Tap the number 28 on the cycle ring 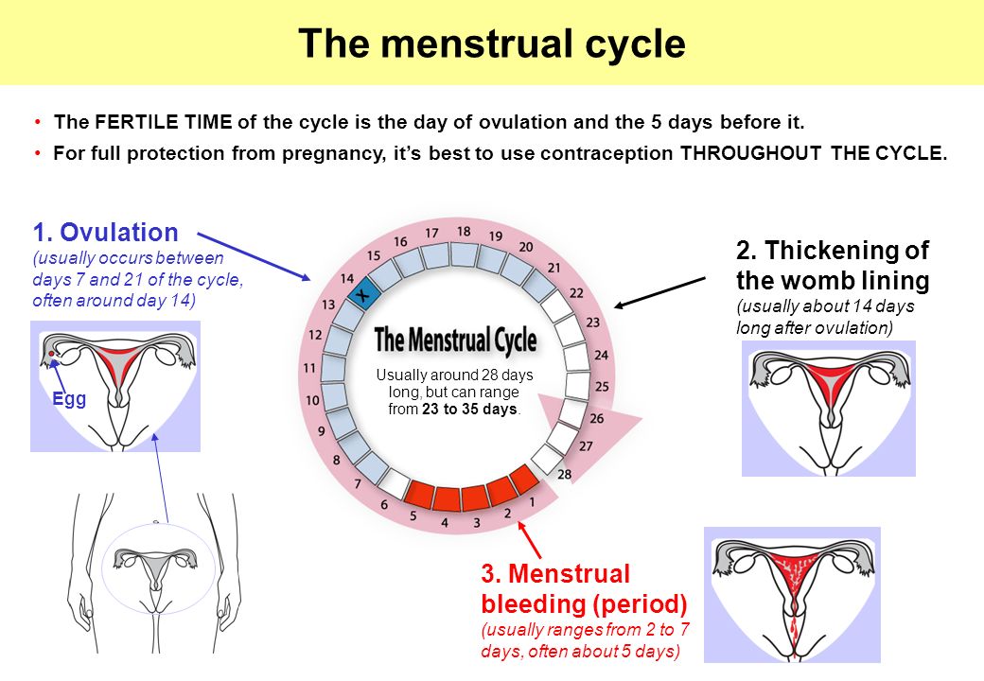click(x=564, y=474)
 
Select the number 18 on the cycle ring click(x=463, y=232)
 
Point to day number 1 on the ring click(x=532, y=501)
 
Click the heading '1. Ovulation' click(x=105, y=233)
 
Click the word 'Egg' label click(x=69, y=399)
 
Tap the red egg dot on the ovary click(x=51, y=355)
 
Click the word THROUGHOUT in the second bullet click(x=750, y=153)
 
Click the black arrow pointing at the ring click(x=660, y=292)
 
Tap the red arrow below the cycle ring click(x=529, y=539)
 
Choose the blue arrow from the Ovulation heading click(x=255, y=256)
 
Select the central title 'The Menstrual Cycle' click(x=456, y=340)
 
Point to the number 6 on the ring click(x=384, y=504)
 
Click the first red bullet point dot click(x=39, y=121)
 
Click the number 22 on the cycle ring click(x=576, y=293)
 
